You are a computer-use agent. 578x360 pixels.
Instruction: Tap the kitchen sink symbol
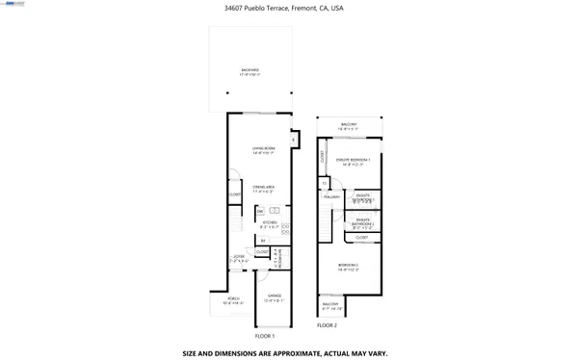275,210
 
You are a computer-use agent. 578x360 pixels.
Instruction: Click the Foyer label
239,259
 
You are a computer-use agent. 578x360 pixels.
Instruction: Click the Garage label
274,298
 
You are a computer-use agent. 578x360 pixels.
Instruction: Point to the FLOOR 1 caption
265,336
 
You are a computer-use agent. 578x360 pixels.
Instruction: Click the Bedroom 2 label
348,267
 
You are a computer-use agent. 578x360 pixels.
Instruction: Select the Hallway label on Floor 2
332,197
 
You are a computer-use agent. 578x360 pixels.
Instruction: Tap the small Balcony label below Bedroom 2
330,307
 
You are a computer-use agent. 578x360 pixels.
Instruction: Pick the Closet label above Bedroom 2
362,237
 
